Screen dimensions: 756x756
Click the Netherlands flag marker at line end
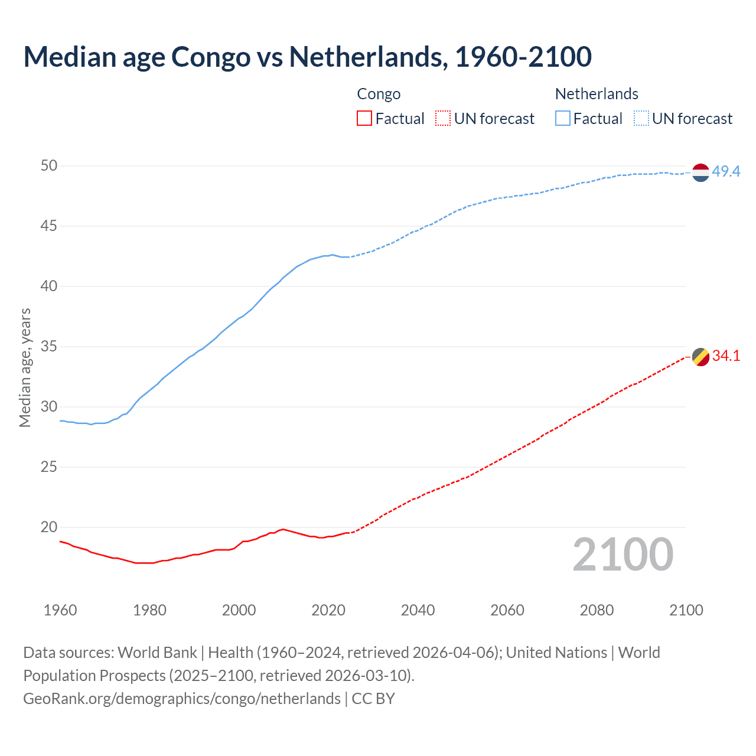(x=700, y=172)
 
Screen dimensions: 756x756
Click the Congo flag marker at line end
(x=700, y=357)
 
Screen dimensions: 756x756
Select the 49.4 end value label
(x=726, y=171)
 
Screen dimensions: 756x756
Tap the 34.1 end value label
(x=726, y=356)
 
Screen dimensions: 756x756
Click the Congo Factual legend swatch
(x=364, y=119)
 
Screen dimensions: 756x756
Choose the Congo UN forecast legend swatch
(x=443, y=119)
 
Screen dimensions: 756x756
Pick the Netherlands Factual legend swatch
(x=563, y=119)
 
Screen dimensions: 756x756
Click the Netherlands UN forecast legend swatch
(x=641, y=119)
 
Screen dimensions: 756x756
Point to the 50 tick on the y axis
(x=49, y=165)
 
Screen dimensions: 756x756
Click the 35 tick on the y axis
(x=49, y=346)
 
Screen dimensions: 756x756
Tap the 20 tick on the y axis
(x=49, y=527)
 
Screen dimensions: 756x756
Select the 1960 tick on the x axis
(x=60, y=610)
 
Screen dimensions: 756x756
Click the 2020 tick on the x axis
(x=328, y=610)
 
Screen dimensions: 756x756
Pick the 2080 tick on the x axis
(x=597, y=610)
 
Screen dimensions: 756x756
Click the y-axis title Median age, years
(x=25, y=367)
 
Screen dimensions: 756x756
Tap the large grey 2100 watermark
(x=623, y=555)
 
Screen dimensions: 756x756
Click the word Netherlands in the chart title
(x=366, y=57)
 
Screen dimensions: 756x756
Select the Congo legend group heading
(x=379, y=94)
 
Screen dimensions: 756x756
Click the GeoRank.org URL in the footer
(x=182, y=699)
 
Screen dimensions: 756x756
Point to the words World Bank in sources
(x=157, y=653)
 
